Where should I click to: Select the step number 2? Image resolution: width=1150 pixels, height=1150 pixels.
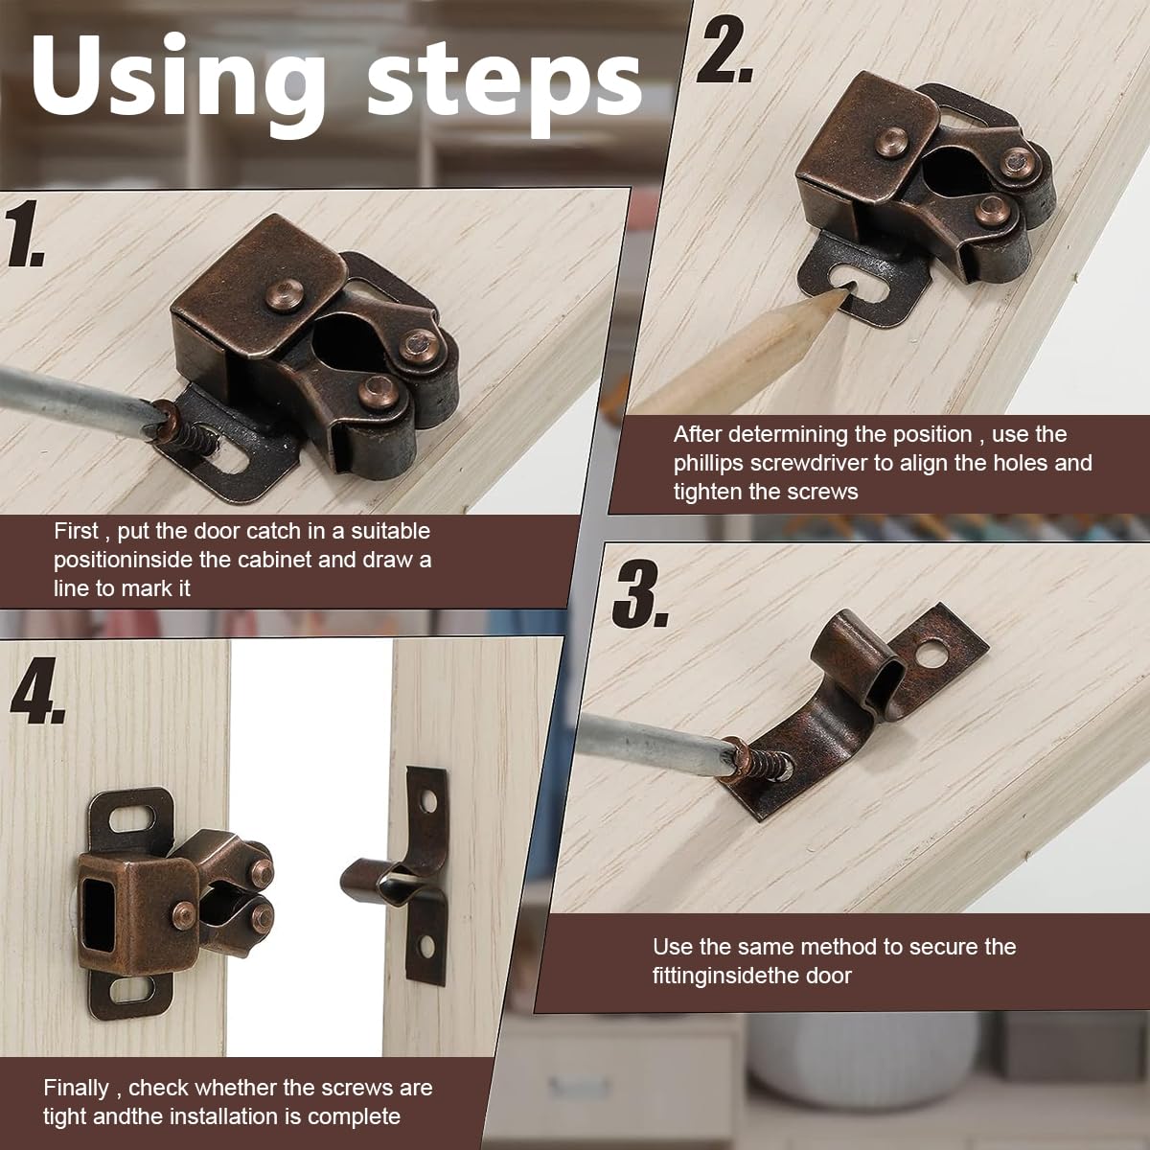(x=724, y=51)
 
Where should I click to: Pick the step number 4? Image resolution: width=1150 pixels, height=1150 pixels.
(x=37, y=690)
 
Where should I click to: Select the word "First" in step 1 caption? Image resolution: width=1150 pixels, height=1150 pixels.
(x=76, y=531)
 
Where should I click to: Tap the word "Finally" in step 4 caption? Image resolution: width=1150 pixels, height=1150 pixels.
(x=76, y=1088)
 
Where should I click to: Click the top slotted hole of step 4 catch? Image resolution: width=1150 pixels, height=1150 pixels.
(x=132, y=816)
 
